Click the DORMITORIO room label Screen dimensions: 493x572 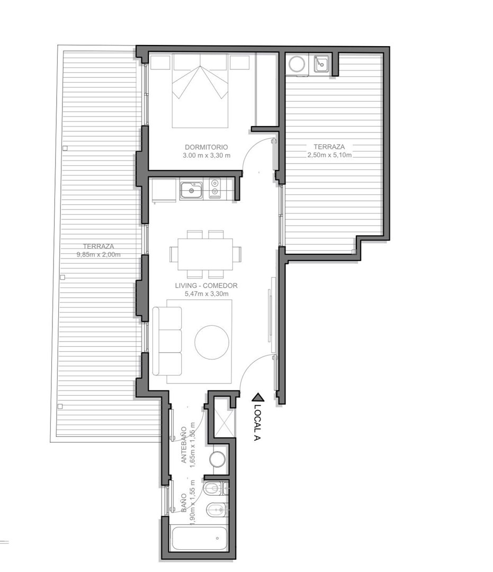[206, 147]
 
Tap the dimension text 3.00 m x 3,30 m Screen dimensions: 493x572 [207, 155]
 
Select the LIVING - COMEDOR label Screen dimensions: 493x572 [206, 285]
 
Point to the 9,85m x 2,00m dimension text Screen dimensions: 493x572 [98, 255]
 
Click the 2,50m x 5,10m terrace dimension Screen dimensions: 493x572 [330, 155]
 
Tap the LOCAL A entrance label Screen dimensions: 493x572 [257, 423]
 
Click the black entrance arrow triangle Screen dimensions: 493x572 [257, 397]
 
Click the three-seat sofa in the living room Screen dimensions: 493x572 [167, 341]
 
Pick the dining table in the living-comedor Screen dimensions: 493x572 [205, 254]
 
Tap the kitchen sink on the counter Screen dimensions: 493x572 [191, 190]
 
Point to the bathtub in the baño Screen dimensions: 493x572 [199, 538]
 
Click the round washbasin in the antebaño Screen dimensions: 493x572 [217, 459]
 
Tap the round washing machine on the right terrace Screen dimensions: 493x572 [297, 64]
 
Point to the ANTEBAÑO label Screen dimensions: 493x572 [184, 445]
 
